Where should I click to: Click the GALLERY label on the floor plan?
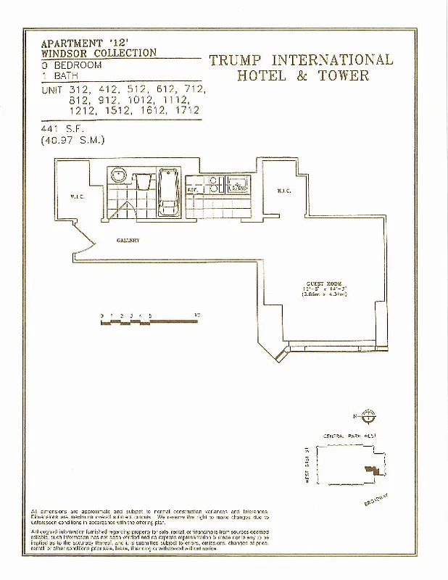tap(128, 240)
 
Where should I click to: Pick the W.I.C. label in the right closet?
tap(283, 191)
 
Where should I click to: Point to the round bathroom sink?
tap(118, 175)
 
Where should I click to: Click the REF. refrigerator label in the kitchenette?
tap(192, 189)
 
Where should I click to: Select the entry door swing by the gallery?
tap(83, 239)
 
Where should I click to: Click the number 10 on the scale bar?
tap(197, 315)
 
